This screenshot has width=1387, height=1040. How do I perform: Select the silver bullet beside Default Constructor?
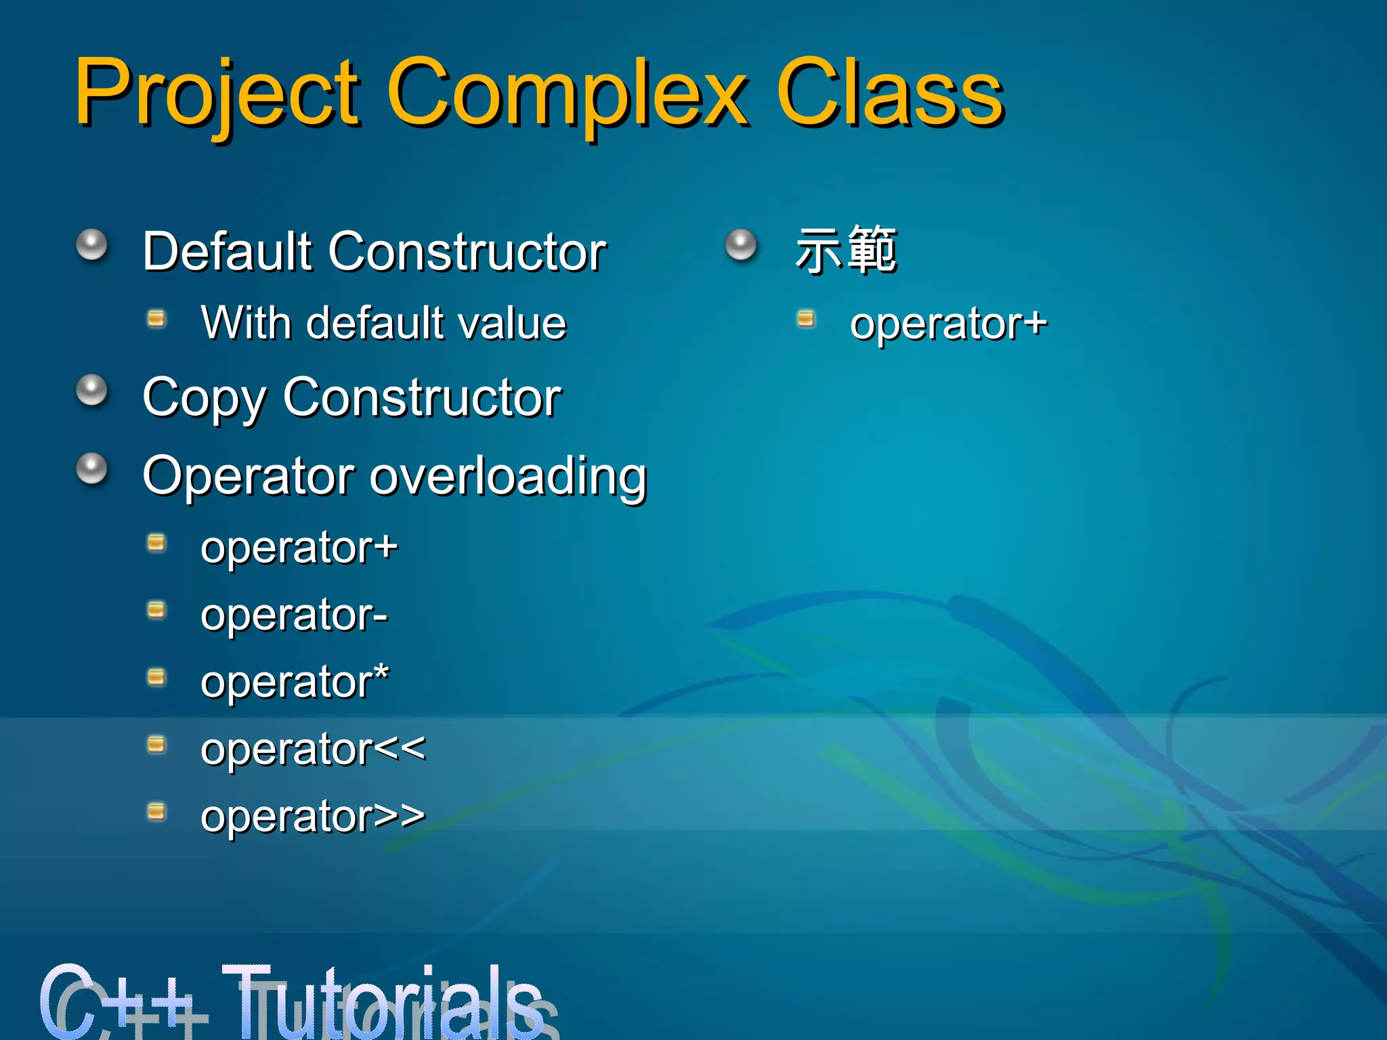(x=91, y=244)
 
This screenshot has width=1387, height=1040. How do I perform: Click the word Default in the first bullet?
(x=227, y=251)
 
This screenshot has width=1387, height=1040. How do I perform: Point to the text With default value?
(x=383, y=323)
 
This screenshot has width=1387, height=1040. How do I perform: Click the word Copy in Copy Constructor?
(x=203, y=398)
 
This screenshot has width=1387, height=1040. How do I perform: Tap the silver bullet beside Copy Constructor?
(x=91, y=391)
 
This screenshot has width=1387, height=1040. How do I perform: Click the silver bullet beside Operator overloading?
(x=91, y=469)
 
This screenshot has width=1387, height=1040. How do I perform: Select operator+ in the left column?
(x=299, y=547)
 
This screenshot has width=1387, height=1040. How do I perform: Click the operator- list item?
(x=294, y=615)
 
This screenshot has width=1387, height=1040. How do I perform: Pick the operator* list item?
(x=295, y=682)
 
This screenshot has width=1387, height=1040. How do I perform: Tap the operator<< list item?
(x=313, y=749)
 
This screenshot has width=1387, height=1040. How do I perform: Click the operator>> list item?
(x=313, y=816)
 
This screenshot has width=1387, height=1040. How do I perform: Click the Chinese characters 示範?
(x=846, y=251)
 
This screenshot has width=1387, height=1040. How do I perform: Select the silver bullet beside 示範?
(x=741, y=244)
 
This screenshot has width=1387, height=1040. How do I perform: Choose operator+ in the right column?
(x=948, y=323)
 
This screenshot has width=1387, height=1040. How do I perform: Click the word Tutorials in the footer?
(x=386, y=1002)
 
